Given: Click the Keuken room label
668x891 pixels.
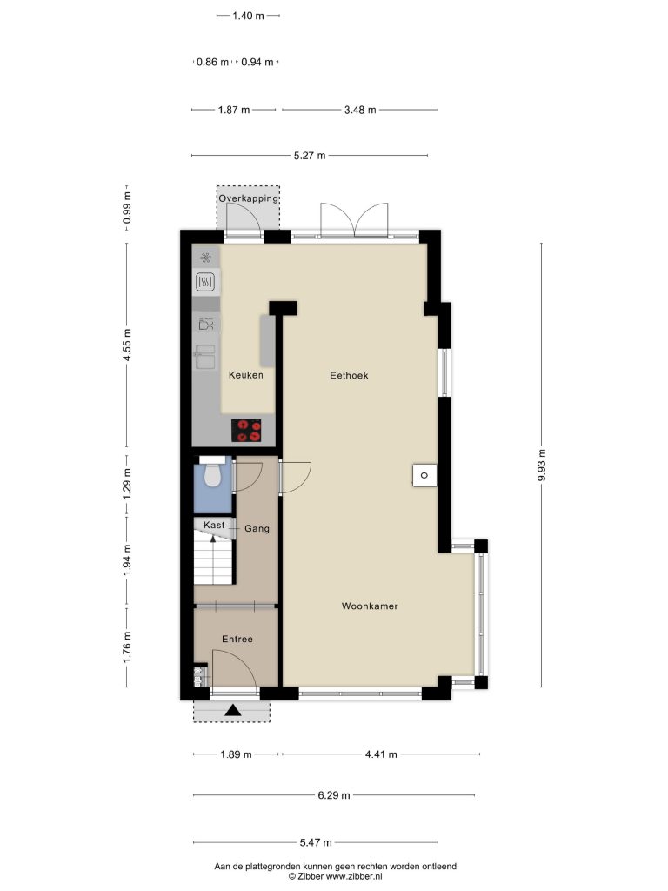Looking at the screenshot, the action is tap(246, 375).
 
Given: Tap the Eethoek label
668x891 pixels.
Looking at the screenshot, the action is tap(350, 375).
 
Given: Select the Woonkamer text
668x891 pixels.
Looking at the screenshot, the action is tap(370, 606).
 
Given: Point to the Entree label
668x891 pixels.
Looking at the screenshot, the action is tap(237, 640).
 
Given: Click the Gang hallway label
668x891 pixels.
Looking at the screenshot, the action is tap(257, 528).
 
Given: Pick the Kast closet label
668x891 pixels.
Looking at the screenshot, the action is tap(214, 525).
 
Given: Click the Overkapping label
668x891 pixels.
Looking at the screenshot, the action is tap(249, 198).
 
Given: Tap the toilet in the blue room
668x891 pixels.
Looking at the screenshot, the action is tap(212, 473).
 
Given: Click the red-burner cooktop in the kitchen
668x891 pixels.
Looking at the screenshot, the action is tap(246, 430).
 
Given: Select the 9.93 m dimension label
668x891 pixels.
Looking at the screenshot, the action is tap(542, 466).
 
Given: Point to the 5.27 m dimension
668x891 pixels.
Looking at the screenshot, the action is tap(310, 156).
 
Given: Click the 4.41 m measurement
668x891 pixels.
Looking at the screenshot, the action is tap(381, 754).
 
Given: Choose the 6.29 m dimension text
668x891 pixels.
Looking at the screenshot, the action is tap(334, 795).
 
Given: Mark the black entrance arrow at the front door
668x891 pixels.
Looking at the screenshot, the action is tap(233, 710).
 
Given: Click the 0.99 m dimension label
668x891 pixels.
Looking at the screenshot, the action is tap(127, 207).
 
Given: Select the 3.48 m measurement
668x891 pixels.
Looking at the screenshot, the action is tap(360, 110).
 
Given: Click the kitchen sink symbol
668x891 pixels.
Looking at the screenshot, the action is tap(205, 357).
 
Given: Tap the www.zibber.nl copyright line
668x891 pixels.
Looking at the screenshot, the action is tap(335, 877).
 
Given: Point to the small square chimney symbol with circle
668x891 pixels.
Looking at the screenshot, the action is tap(424, 476).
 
